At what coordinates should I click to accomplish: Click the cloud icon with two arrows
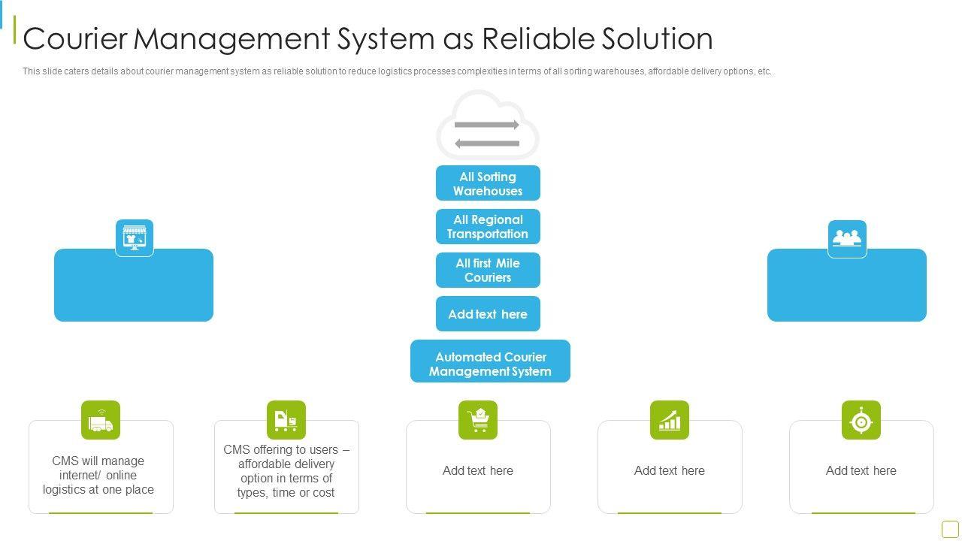[x=488, y=125]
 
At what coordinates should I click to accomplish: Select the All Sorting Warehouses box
[x=488, y=183]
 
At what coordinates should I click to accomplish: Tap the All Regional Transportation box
[x=488, y=227]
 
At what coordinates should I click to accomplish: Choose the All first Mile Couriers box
[x=488, y=270]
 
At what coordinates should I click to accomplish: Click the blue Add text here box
[x=488, y=314]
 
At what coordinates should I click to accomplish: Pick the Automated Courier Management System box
[x=490, y=364]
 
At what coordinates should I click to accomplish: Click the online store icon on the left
[x=135, y=238]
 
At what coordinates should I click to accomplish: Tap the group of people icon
[x=847, y=239]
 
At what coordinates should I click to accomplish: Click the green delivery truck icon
[x=101, y=420]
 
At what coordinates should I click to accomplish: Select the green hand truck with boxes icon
[x=286, y=420]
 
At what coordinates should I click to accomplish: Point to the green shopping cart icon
[x=478, y=420]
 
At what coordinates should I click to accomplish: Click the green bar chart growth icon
[x=670, y=420]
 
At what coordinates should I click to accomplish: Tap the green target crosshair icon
[x=861, y=421]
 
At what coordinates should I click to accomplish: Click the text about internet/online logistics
[x=98, y=475]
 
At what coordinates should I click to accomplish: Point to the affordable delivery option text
[x=286, y=471]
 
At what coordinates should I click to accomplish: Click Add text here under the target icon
[x=861, y=471]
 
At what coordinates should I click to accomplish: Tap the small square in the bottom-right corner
[x=950, y=529]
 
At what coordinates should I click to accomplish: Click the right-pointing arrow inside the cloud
[x=487, y=125]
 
